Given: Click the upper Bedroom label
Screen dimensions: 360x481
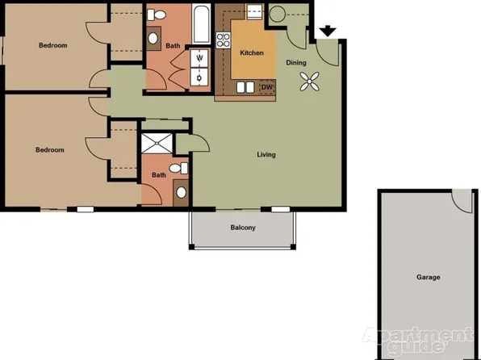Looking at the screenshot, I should click(x=52, y=45).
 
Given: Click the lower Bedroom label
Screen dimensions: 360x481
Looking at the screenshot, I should click(x=49, y=150).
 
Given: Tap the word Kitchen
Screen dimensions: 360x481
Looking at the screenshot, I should click(x=252, y=53).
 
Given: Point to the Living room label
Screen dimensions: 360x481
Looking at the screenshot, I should click(x=266, y=154).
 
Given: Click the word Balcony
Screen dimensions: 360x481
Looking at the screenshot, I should click(x=242, y=228).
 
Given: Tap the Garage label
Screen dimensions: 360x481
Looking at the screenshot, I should click(x=428, y=277).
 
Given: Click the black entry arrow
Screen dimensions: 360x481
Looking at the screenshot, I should click(x=328, y=31).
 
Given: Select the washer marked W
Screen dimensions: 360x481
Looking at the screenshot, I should click(x=199, y=57).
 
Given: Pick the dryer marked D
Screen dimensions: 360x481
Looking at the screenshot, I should click(x=199, y=77).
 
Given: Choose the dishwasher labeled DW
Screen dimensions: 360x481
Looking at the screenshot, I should click(x=267, y=87).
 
